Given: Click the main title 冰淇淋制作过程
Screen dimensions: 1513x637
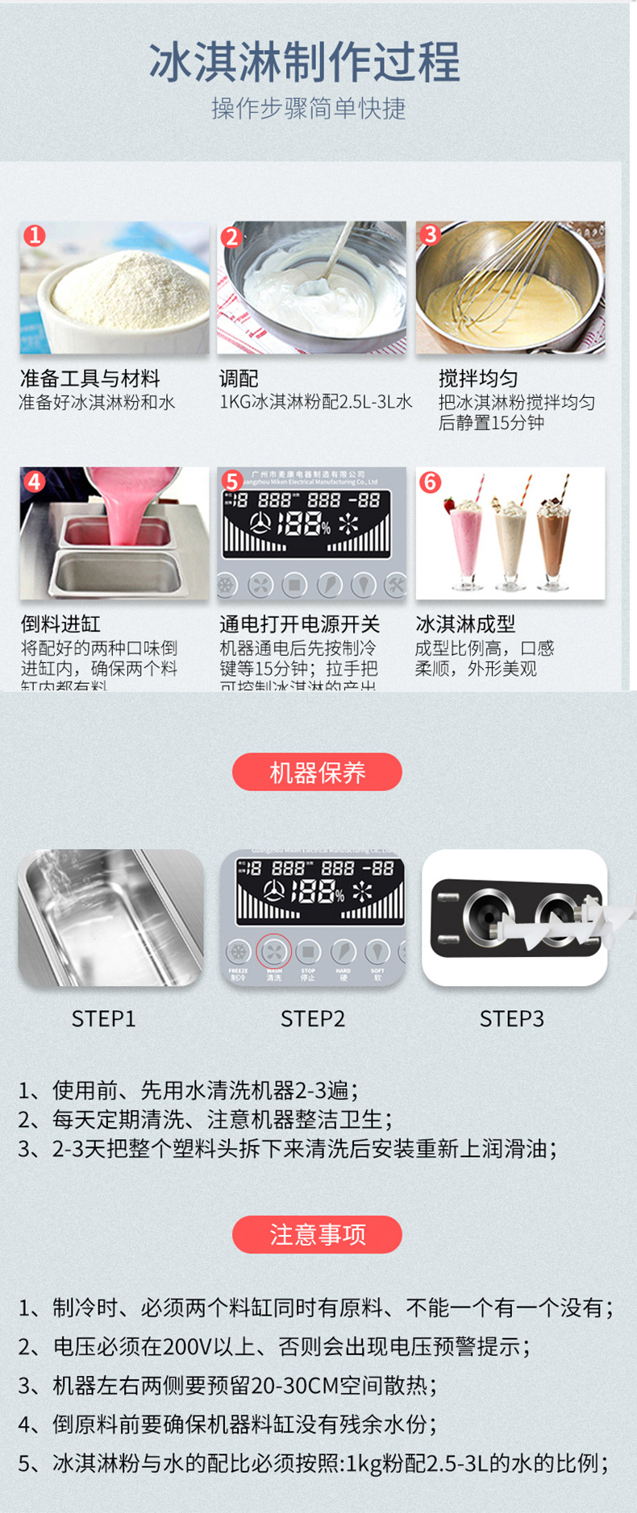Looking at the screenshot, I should (305, 62).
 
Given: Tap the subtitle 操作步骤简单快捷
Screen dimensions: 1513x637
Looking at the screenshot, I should (308, 108).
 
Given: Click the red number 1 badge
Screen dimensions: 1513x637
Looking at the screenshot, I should (35, 235).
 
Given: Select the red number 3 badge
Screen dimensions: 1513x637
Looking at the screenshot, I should (430, 234).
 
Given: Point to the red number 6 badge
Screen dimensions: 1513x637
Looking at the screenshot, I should (430, 482).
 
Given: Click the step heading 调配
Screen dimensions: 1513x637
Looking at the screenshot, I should (239, 379).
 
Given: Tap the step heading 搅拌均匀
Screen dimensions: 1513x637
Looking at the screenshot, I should (477, 379).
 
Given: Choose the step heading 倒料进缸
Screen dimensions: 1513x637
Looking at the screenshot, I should (60, 624).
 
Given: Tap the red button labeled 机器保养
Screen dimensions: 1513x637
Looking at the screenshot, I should (317, 773).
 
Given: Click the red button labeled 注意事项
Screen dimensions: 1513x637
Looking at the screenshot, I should (317, 1234).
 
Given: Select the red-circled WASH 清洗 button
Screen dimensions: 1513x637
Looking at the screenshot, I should (274, 952).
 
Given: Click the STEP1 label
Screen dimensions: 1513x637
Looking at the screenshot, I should (103, 1019).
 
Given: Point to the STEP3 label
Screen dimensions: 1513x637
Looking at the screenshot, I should (512, 1019).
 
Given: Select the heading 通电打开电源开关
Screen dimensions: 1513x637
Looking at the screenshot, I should (299, 624).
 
